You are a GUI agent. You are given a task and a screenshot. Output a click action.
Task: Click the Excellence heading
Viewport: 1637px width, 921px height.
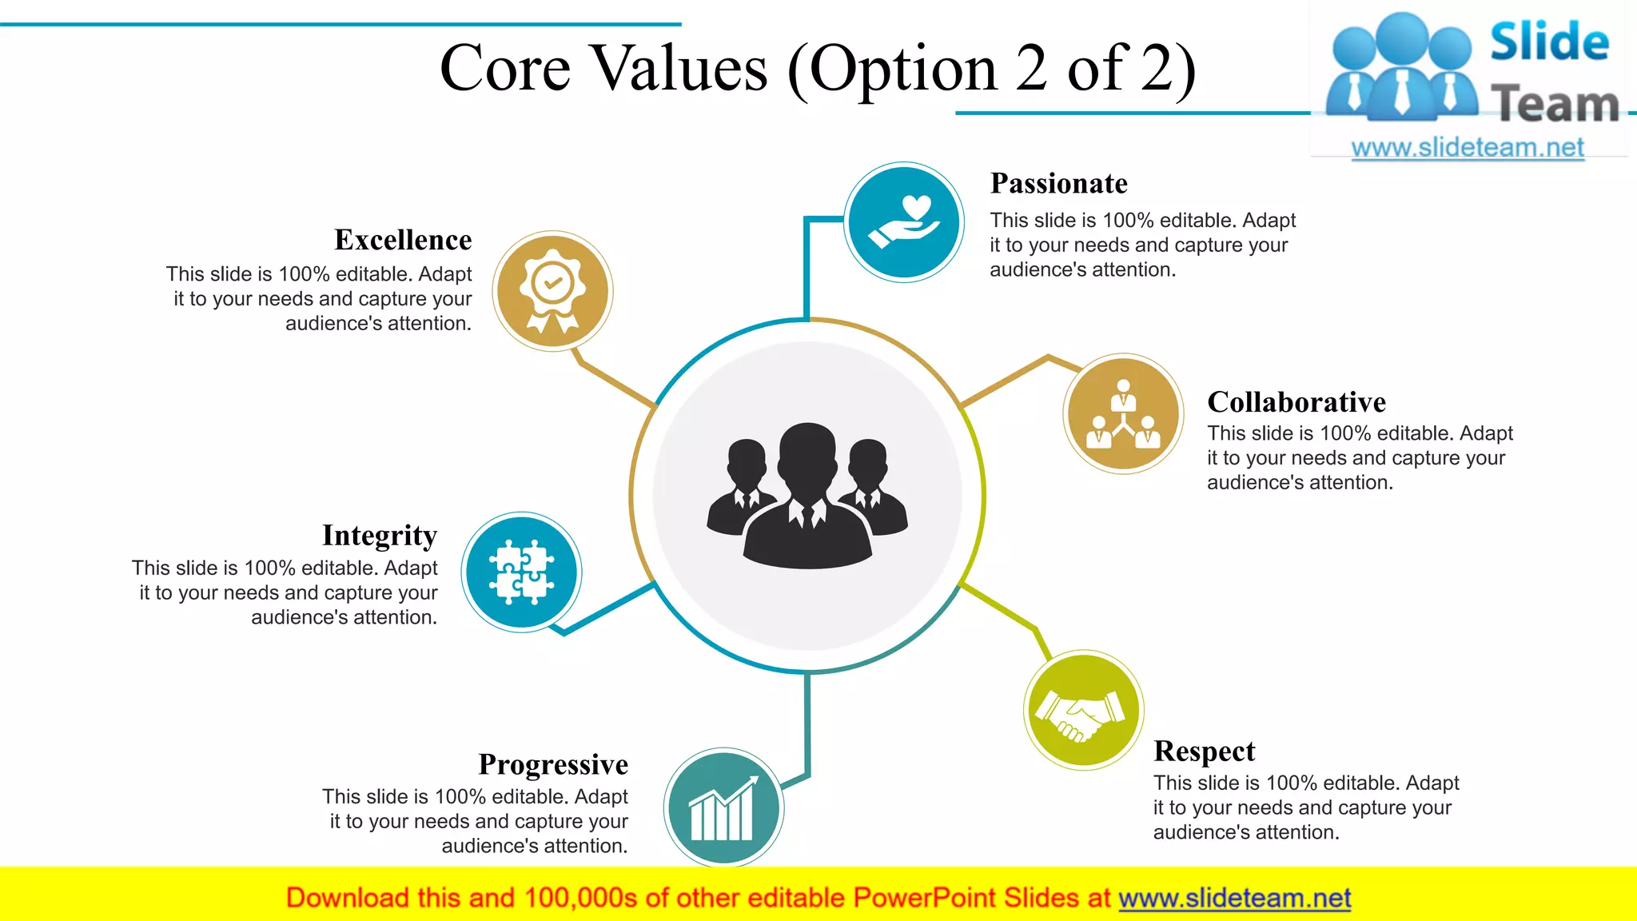tap(403, 240)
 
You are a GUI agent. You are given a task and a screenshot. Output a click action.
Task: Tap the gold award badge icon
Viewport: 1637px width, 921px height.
tap(552, 291)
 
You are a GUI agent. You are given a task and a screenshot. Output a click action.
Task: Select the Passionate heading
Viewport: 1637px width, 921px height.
tap(1058, 183)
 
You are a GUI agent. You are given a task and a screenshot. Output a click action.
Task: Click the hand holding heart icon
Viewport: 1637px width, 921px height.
tap(904, 222)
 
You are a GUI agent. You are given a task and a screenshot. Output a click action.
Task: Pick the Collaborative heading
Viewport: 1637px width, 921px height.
tap(1296, 401)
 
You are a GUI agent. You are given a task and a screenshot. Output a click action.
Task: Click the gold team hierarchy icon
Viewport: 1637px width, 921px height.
tap(1123, 414)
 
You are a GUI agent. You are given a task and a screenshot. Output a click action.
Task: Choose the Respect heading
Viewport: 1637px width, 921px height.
tap(1204, 751)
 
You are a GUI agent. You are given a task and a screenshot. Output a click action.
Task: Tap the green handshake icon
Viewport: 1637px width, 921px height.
tap(1083, 710)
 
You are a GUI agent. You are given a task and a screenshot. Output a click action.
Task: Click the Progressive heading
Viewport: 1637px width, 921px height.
tap(553, 764)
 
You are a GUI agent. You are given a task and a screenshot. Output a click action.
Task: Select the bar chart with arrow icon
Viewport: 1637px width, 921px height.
tap(723, 808)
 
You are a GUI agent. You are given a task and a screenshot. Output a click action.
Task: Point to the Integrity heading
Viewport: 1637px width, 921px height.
tap(380, 535)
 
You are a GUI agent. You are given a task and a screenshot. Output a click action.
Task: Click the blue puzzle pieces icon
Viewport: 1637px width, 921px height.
tap(521, 572)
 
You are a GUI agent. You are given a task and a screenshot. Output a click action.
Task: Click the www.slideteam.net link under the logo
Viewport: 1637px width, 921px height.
tap(1467, 147)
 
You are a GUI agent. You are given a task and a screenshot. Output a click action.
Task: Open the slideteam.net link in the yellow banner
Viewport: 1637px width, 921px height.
tap(1234, 898)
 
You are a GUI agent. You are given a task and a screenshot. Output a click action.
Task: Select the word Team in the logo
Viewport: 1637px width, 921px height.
tap(1554, 104)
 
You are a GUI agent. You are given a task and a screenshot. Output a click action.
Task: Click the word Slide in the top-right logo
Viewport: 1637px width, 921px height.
tap(1549, 42)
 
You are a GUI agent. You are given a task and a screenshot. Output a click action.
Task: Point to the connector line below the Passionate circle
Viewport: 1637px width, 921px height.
tap(807, 272)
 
